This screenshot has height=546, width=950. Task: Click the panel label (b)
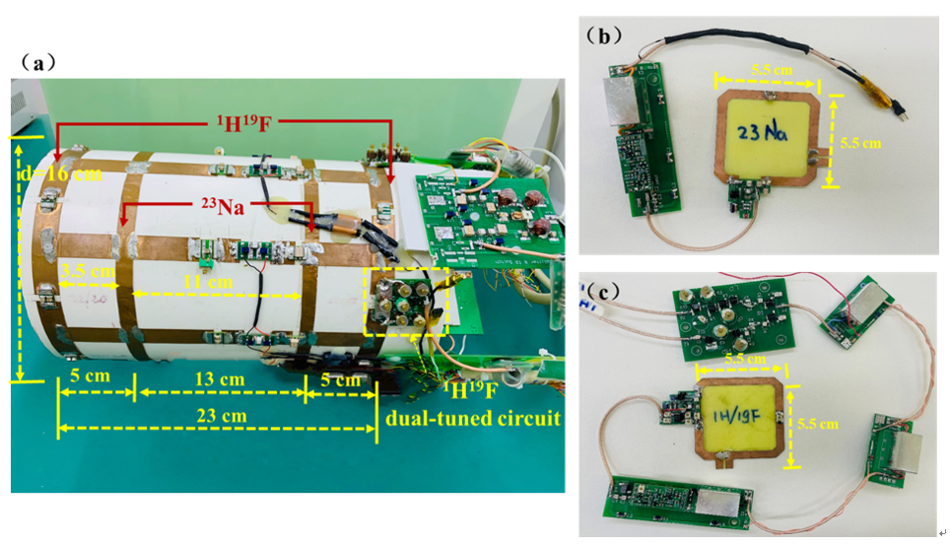coord(602,36)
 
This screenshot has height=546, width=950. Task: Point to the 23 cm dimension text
coord(216,414)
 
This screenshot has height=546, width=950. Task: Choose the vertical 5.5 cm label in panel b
coord(858,141)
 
